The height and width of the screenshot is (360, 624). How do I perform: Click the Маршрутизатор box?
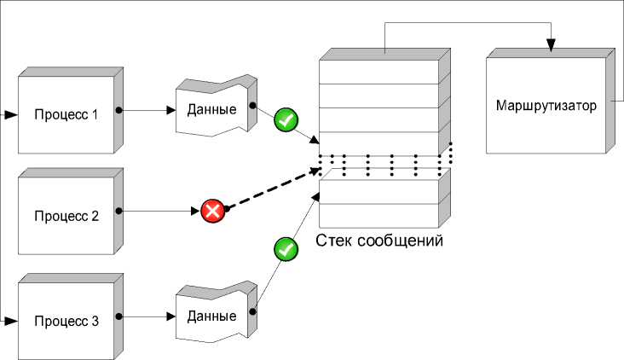[545, 107]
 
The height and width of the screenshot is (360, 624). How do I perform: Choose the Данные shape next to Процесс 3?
[212, 315]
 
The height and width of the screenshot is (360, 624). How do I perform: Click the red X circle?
[212, 210]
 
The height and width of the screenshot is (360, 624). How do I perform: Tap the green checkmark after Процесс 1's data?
[286, 120]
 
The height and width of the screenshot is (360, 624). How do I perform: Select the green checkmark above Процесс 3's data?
[285, 250]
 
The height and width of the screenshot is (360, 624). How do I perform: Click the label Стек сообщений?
[379, 241]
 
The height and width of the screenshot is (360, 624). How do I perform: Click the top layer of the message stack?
[378, 71]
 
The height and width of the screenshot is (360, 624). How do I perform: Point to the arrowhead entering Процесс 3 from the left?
[10, 322]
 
